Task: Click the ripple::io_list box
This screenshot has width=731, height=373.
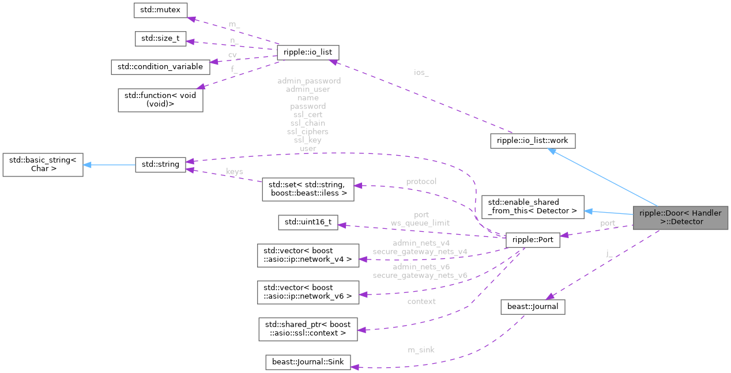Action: [304, 52]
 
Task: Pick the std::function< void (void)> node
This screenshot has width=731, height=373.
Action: [161, 100]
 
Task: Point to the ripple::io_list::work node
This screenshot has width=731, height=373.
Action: [532, 140]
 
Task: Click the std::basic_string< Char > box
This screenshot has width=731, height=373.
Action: [43, 165]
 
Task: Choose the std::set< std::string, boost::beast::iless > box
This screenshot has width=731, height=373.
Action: [307, 189]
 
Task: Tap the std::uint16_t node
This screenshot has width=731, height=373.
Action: [308, 223]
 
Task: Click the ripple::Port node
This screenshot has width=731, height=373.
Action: [532, 240]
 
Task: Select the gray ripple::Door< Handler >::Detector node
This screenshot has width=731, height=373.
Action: [680, 217]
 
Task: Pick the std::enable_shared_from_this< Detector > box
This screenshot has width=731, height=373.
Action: [532, 206]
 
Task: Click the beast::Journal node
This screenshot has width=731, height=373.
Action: [532, 307]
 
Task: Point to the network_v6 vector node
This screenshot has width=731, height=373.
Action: [307, 292]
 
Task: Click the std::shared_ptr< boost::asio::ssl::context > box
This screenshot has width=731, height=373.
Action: [307, 328]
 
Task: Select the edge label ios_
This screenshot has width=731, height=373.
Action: [421, 73]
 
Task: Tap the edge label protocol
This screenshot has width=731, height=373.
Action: [421, 182]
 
